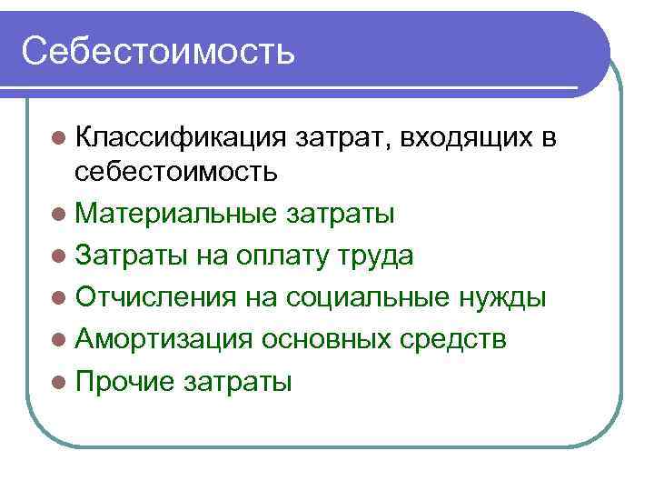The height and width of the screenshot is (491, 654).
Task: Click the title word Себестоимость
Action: (159, 51)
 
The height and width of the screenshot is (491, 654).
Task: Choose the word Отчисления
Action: (156, 297)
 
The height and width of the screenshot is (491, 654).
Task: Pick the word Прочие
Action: (125, 381)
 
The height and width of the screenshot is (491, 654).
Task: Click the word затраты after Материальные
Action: (341, 214)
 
